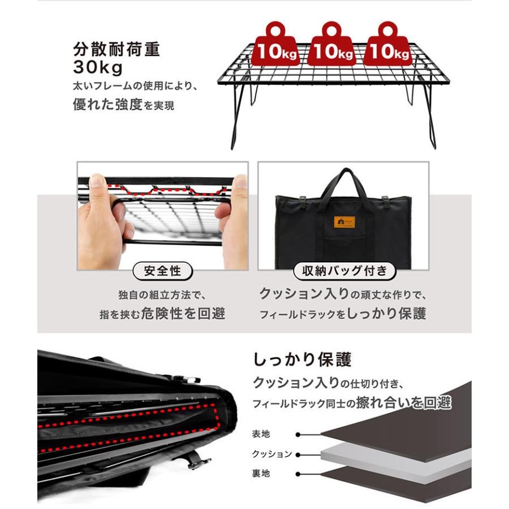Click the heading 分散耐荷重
click(117, 49)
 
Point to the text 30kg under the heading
click(98, 67)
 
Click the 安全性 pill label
click(163, 271)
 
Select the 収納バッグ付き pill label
click(344, 271)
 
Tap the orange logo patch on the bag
click(344, 222)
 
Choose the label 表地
click(261, 434)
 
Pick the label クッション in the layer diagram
click(272, 454)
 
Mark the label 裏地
click(261, 473)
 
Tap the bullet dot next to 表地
click(298, 434)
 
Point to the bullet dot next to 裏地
click(298, 474)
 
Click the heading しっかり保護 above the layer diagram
click(302, 360)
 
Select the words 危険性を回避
click(183, 313)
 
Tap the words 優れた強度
click(108, 105)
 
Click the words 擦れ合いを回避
click(404, 403)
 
